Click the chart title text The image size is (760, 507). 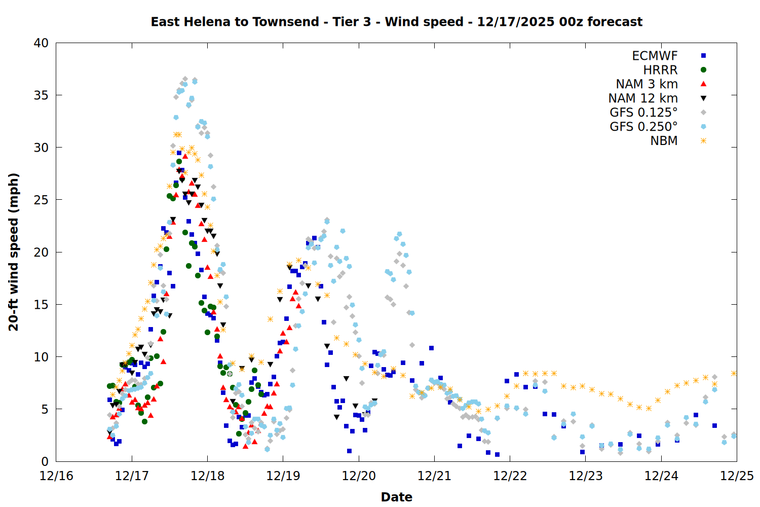(396, 22)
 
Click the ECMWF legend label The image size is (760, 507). (655, 56)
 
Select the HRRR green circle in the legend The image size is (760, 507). (703, 70)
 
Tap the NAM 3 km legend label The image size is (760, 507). (647, 84)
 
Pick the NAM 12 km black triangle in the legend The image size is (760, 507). (703, 98)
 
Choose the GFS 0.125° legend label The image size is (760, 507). (643, 113)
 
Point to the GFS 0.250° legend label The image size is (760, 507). (643, 127)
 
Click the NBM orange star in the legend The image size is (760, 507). (703, 141)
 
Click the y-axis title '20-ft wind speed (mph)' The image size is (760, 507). (14, 252)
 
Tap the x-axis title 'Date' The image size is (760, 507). (396, 497)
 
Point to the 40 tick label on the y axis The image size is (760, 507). (41, 43)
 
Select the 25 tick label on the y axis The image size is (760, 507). (41, 200)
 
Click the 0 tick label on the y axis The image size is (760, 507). (45, 461)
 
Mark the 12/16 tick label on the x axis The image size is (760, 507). (56, 476)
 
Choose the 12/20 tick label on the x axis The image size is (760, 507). (359, 476)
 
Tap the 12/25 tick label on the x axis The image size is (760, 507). (737, 476)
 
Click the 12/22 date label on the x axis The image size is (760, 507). (510, 476)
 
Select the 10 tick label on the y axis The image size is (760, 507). (41, 357)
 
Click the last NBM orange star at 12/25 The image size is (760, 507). (734, 373)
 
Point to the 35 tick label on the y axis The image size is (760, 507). (41, 95)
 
